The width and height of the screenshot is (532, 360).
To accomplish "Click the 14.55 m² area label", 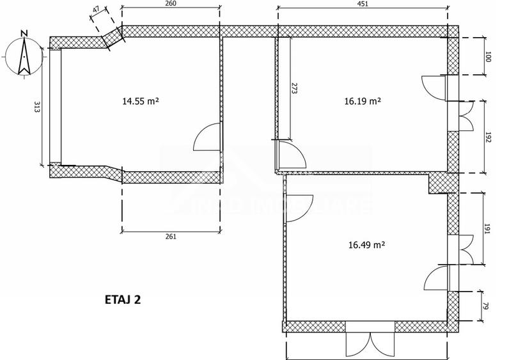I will [140, 101].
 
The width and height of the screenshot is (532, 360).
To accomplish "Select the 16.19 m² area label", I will [363, 101].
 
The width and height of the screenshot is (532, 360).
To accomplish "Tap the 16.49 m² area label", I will [366, 244].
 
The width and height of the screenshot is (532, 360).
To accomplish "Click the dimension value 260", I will [170, 4].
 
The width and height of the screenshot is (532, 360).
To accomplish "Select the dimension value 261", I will [171, 237].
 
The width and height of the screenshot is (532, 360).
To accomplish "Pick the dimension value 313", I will [37, 107].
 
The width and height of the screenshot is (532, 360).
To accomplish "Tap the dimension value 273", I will [295, 88].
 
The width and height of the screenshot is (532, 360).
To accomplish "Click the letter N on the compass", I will [24, 33].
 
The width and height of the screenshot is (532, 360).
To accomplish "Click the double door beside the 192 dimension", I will [465, 116].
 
